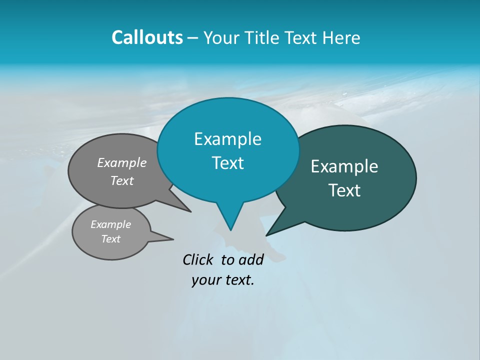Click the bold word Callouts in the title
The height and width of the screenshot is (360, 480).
point(147,37)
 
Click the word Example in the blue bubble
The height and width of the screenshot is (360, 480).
point(227,139)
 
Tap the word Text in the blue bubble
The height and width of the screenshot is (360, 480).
point(227,163)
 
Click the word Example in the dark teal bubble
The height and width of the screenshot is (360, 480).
point(344,166)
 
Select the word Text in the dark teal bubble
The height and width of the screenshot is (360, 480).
point(344,190)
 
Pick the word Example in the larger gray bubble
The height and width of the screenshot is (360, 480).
point(122,163)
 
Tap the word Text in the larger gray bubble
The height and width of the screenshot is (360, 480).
point(122,180)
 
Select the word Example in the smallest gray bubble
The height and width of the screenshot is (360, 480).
point(110,224)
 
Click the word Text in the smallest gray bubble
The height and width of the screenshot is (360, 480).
point(110,239)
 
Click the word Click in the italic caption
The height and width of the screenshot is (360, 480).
point(198,259)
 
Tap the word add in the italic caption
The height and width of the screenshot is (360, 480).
point(251,259)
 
